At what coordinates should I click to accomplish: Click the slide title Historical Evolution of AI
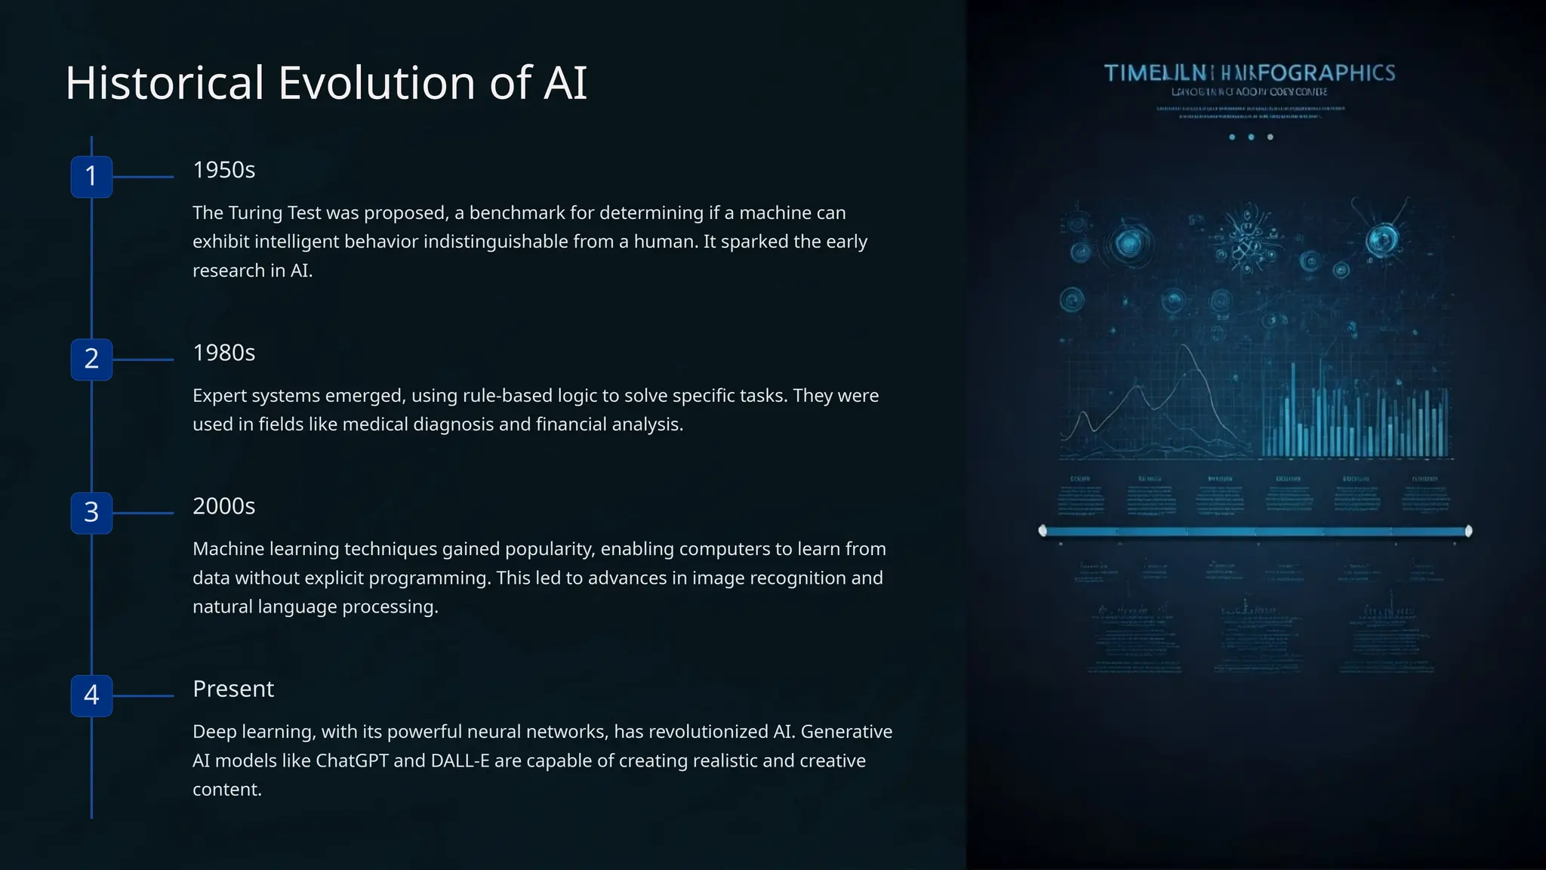tap(326, 83)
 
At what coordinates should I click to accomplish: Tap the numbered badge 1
tap(91, 177)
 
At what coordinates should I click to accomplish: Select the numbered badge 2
tap(91, 359)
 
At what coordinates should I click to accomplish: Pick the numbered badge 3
tap(91, 513)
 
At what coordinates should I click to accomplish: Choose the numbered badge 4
tap(91, 696)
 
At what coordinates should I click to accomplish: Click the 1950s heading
tap(223, 170)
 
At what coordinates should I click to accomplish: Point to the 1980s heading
tap(223, 353)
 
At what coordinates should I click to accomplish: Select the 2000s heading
tap(223, 506)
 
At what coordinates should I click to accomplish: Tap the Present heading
tap(233, 689)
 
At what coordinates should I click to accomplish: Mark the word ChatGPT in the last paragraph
tap(352, 760)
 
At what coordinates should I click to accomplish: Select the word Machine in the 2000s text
tap(228, 549)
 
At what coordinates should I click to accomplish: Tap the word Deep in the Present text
tap(214, 732)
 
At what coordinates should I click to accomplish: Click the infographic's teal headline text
tap(1249, 73)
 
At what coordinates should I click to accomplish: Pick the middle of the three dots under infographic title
tap(1251, 137)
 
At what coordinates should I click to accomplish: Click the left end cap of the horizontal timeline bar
tap(1042, 531)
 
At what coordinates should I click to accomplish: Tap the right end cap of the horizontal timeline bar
tap(1468, 531)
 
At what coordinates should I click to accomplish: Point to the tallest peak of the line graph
tap(1187, 346)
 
